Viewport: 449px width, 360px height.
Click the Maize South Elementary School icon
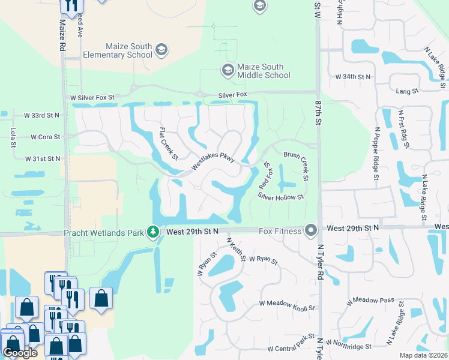[161, 50]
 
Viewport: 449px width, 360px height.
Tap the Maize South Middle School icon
[228, 70]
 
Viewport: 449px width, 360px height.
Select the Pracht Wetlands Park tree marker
[154, 232]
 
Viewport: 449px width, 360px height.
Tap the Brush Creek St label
[297, 166]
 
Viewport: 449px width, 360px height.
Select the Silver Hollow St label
[281, 196]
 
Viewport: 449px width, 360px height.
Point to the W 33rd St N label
[42, 115]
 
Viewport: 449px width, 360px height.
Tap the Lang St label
[408, 91]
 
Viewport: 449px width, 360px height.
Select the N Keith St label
[235, 250]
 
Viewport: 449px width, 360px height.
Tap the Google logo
[20, 352]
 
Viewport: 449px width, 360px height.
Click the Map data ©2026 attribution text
[423, 355]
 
